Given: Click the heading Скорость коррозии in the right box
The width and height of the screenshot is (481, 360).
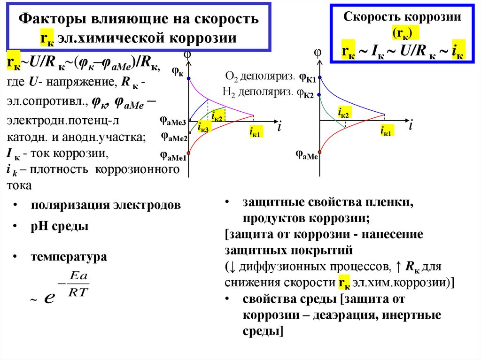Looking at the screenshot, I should [402, 17].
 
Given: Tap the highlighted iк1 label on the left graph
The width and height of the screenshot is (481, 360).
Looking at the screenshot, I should [256, 133].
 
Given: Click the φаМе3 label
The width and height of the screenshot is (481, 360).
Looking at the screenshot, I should [173, 120].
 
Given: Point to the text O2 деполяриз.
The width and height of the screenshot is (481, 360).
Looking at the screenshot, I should [260, 77].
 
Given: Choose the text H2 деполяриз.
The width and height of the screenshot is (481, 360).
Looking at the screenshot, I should [256, 92].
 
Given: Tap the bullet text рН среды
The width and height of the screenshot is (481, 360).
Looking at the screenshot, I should [60, 227].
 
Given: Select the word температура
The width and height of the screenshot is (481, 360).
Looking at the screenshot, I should [69, 257].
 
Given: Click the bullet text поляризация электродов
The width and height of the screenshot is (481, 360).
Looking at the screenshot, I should [106, 205].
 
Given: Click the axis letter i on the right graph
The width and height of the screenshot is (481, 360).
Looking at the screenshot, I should [411, 125].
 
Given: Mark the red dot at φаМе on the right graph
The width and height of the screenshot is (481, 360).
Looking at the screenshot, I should [320, 152].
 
